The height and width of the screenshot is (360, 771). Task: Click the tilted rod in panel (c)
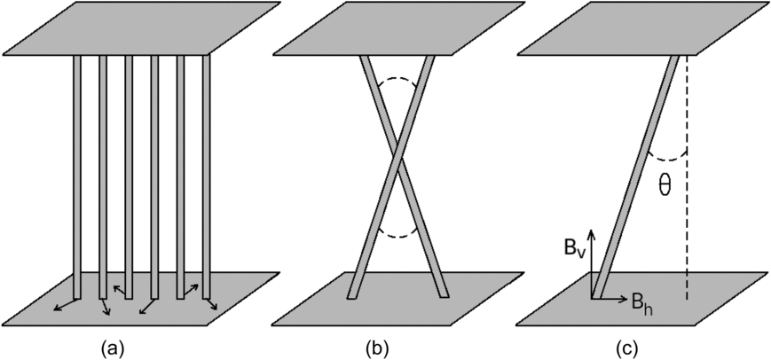[640, 177]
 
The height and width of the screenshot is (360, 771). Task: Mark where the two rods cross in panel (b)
[399, 166]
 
